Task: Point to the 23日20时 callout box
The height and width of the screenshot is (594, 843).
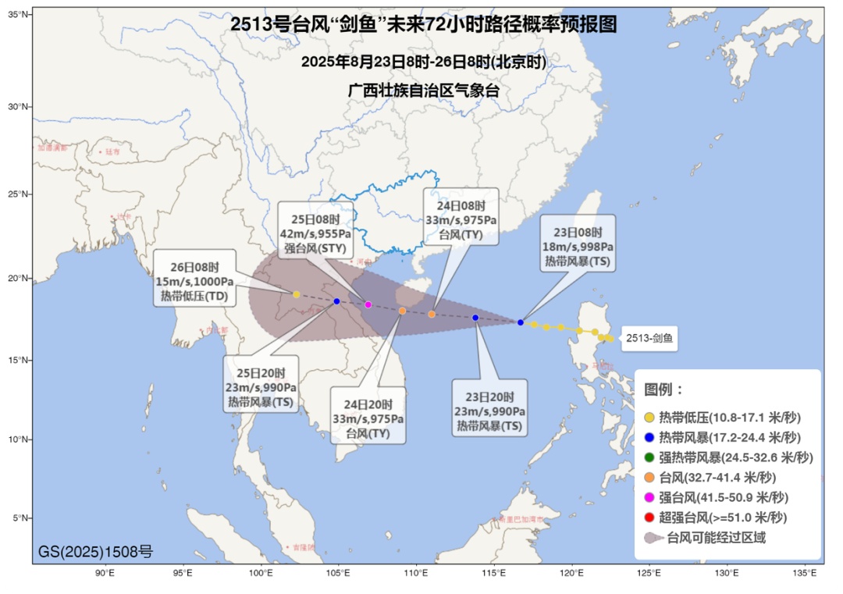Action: [x=491, y=407]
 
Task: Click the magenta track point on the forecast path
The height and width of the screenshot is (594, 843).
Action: [x=368, y=304]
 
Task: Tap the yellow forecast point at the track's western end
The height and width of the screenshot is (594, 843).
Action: [x=297, y=294]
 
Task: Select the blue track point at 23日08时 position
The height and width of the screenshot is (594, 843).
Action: [x=521, y=322]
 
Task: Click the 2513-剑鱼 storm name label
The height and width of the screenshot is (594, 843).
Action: [x=649, y=340]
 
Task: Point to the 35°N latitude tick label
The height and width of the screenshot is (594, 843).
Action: [x=19, y=15]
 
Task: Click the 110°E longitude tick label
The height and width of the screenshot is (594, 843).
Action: [x=415, y=574]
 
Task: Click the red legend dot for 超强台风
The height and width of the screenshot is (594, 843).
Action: [x=649, y=518]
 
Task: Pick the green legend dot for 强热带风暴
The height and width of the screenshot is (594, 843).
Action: [x=649, y=457]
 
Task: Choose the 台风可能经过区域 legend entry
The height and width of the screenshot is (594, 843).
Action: [x=706, y=538]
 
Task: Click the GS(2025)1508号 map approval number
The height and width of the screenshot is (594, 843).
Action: [x=96, y=553]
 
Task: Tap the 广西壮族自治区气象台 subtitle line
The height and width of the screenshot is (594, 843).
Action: [x=423, y=90]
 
